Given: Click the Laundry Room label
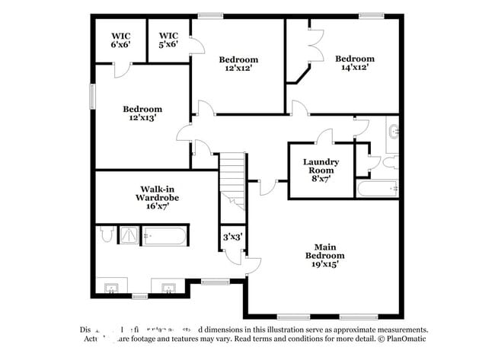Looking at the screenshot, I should (x=321, y=170).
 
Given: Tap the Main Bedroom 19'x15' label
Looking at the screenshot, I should (x=325, y=260).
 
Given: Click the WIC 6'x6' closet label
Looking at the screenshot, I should (x=120, y=40).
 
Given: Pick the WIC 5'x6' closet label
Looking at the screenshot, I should (x=168, y=40).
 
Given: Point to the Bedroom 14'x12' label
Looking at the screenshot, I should (x=355, y=62).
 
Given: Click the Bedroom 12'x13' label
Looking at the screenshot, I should (x=142, y=113).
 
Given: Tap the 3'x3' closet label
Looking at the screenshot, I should (x=232, y=237).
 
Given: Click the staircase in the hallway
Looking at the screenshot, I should (x=235, y=180).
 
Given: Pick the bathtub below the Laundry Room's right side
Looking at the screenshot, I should (x=378, y=188).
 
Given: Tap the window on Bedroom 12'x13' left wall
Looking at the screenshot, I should (x=93, y=97).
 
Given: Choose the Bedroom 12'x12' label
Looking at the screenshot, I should (x=238, y=63).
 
